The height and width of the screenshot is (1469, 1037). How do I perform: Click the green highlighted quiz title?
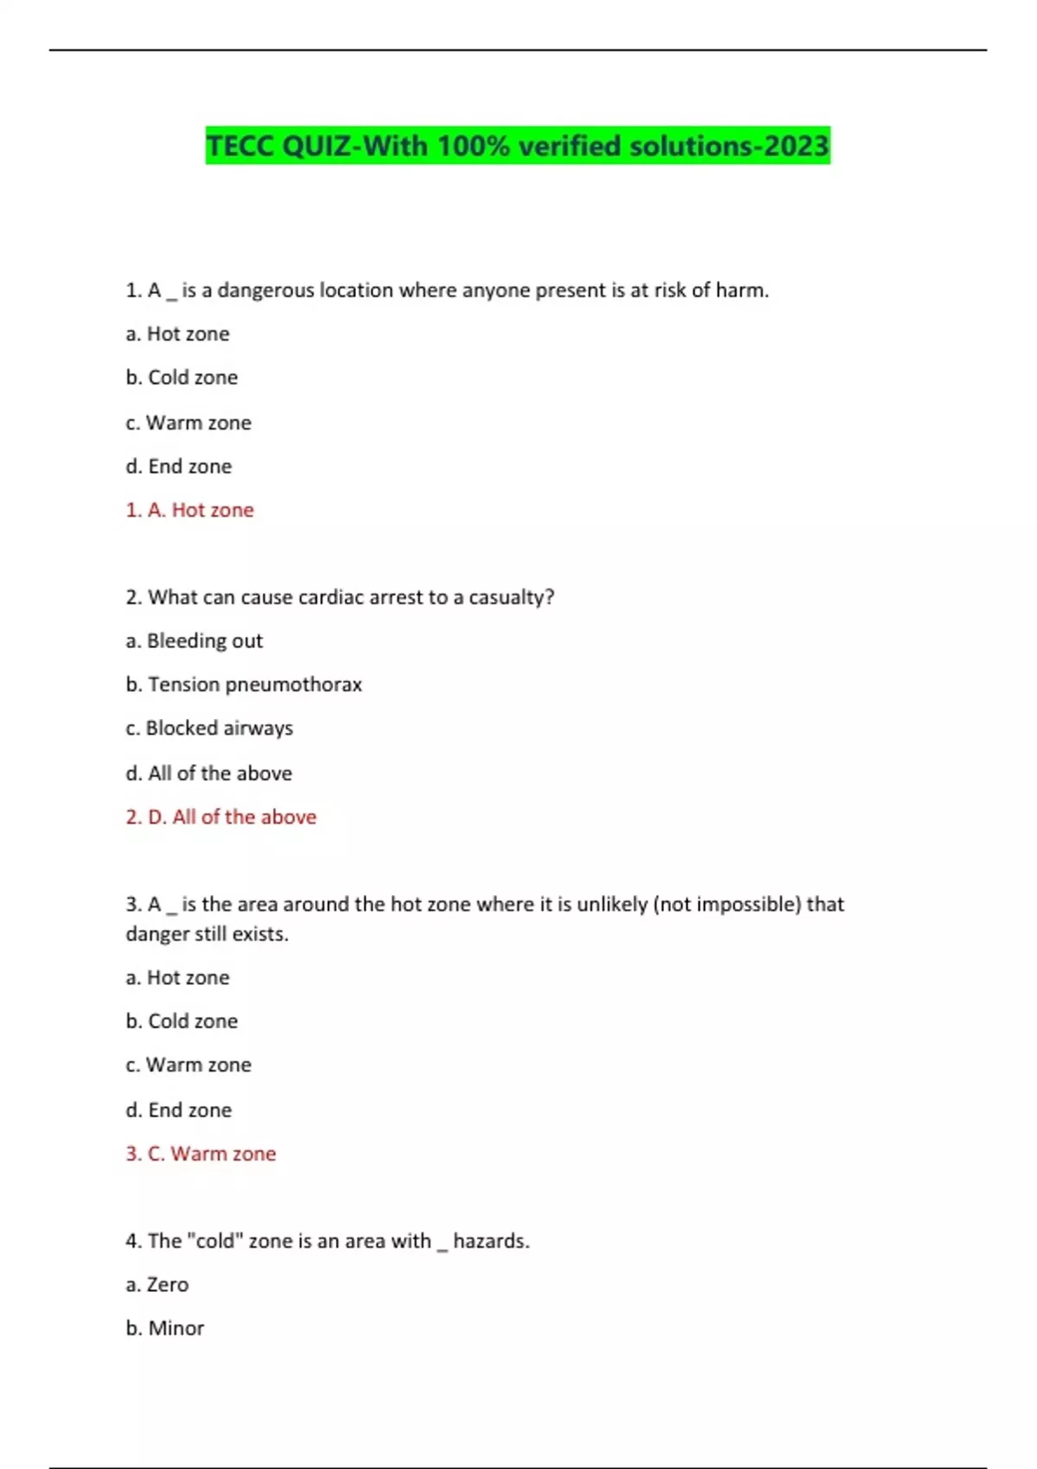point(517,145)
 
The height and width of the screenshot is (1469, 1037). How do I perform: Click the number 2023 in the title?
point(796,145)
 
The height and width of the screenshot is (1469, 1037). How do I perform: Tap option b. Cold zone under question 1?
point(181,378)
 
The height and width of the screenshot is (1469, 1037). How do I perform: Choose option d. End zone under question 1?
point(179,467)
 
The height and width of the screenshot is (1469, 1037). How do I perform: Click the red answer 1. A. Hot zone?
point(190,510)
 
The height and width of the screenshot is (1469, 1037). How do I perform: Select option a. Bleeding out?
point(194,641)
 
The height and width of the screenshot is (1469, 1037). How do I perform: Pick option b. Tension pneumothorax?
point(244,684)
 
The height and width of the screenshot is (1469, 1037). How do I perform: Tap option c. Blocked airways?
point(209,728)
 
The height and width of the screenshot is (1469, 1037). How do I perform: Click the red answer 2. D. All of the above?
point(221,817)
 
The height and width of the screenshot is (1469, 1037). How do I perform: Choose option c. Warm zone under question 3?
point(188,1065)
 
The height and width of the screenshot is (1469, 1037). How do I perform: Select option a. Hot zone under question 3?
point(178,977)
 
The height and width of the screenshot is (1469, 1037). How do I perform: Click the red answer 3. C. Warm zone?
point(201,1154)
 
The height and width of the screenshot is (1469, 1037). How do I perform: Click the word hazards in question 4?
point(491,1241)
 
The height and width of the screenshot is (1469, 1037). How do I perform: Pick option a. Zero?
point(157,1285)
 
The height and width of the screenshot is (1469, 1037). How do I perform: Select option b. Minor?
point(165,1328)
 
